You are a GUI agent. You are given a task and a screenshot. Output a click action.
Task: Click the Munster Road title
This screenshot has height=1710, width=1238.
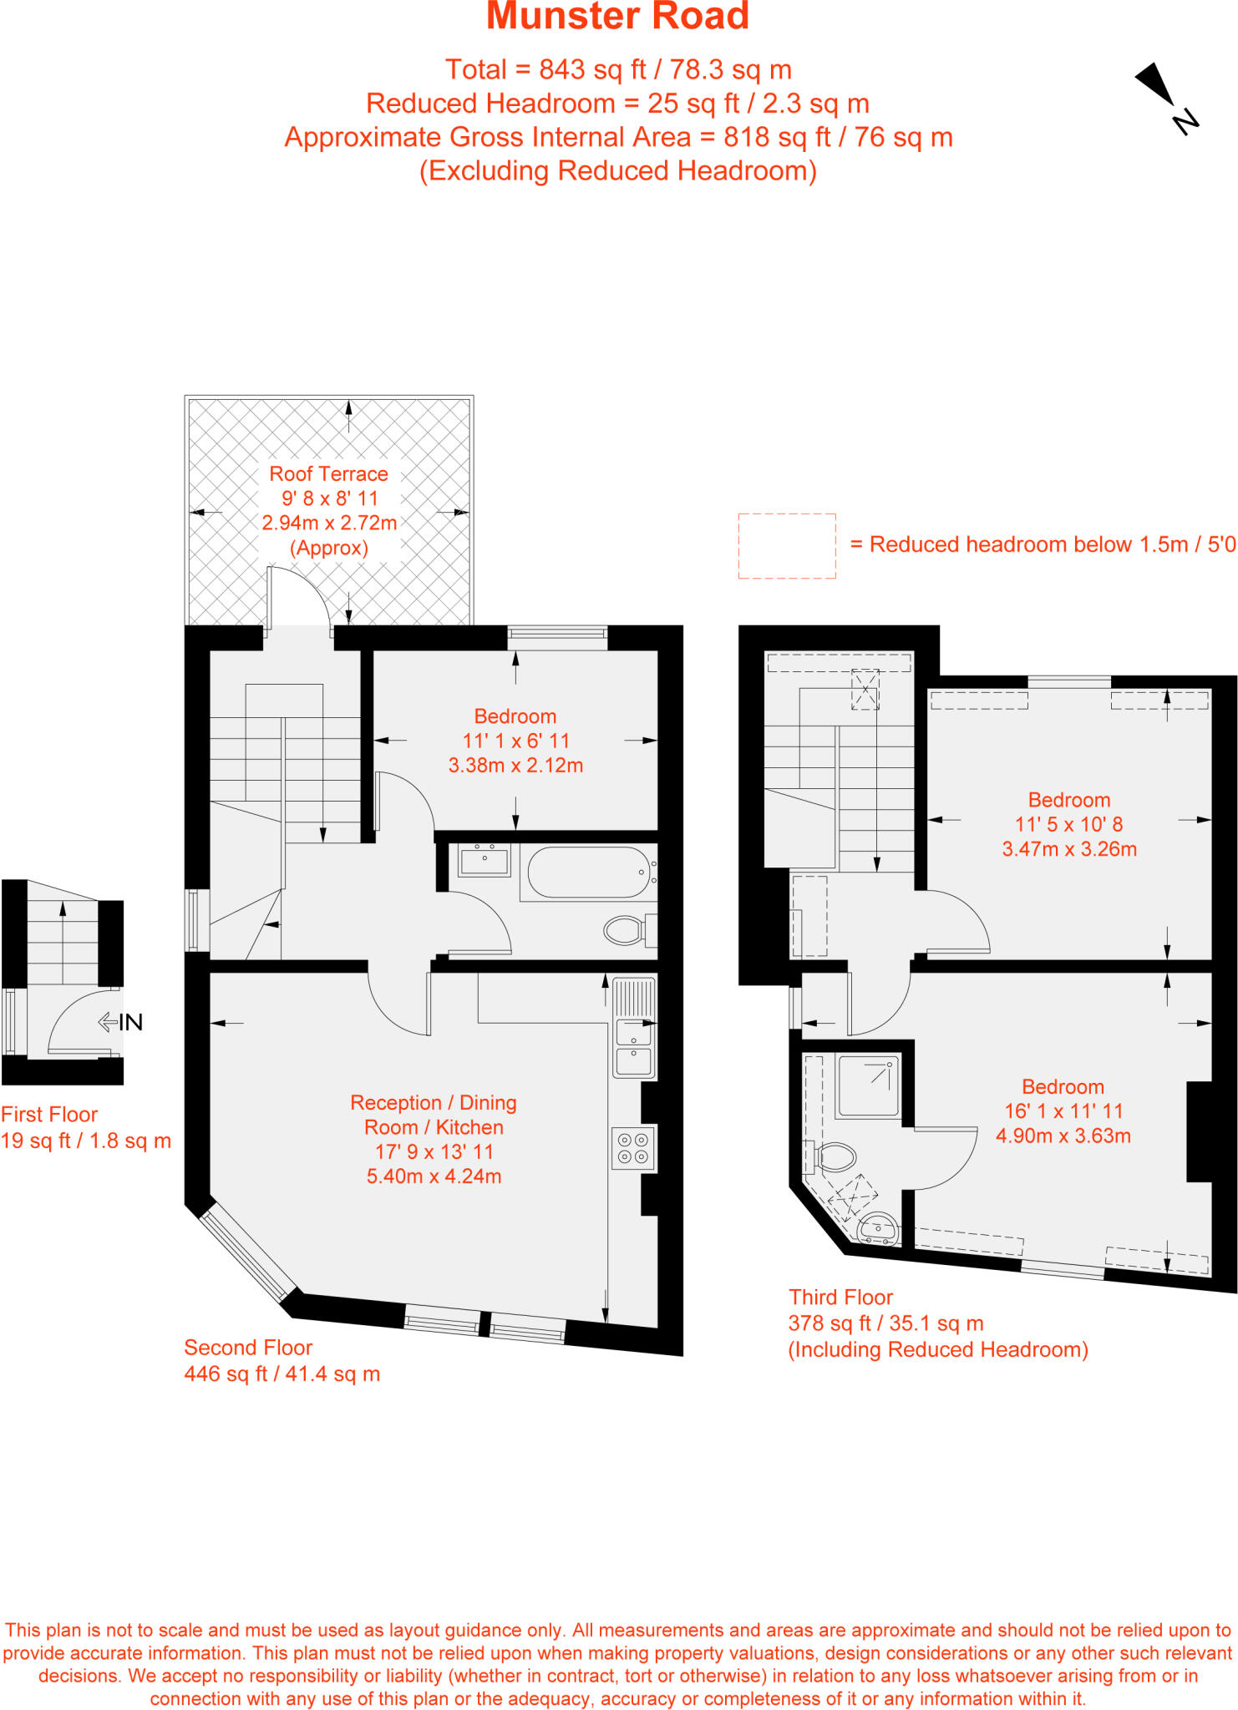point(617,17)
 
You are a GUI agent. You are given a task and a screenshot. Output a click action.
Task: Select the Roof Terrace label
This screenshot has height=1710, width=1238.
point(328,474)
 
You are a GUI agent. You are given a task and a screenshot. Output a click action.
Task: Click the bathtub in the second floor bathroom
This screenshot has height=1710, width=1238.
point(588,873)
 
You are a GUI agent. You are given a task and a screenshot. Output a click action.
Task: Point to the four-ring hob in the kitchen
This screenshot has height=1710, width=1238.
point(632,1148)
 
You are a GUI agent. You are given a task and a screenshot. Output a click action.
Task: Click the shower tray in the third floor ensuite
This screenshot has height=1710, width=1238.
point(868,1085)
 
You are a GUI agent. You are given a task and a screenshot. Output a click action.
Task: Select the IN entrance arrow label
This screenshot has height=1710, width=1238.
point(122,1022)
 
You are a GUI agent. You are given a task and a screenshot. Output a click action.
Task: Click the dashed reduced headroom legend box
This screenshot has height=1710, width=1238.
point(786,546)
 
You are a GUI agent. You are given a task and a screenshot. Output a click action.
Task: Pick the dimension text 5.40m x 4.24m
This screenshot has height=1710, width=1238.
point(434,1176)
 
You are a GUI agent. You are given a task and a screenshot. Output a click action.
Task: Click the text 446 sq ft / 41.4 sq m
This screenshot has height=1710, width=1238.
point(282,1374)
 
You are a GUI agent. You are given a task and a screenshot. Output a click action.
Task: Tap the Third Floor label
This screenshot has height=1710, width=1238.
point(840,1297)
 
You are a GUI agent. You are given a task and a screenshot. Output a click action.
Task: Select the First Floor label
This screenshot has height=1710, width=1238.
point(49,1115)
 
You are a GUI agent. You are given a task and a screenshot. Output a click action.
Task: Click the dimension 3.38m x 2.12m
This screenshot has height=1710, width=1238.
point(515,766)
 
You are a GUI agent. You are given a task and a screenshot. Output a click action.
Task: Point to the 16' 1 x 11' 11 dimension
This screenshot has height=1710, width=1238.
point(1063,1111)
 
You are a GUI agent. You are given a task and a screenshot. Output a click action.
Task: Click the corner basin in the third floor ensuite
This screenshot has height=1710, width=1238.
point(877,1228)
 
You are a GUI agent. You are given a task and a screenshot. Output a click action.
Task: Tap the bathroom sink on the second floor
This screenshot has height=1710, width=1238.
point(485,861)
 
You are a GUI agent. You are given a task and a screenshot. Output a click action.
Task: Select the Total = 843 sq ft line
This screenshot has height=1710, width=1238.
point(617,70)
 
